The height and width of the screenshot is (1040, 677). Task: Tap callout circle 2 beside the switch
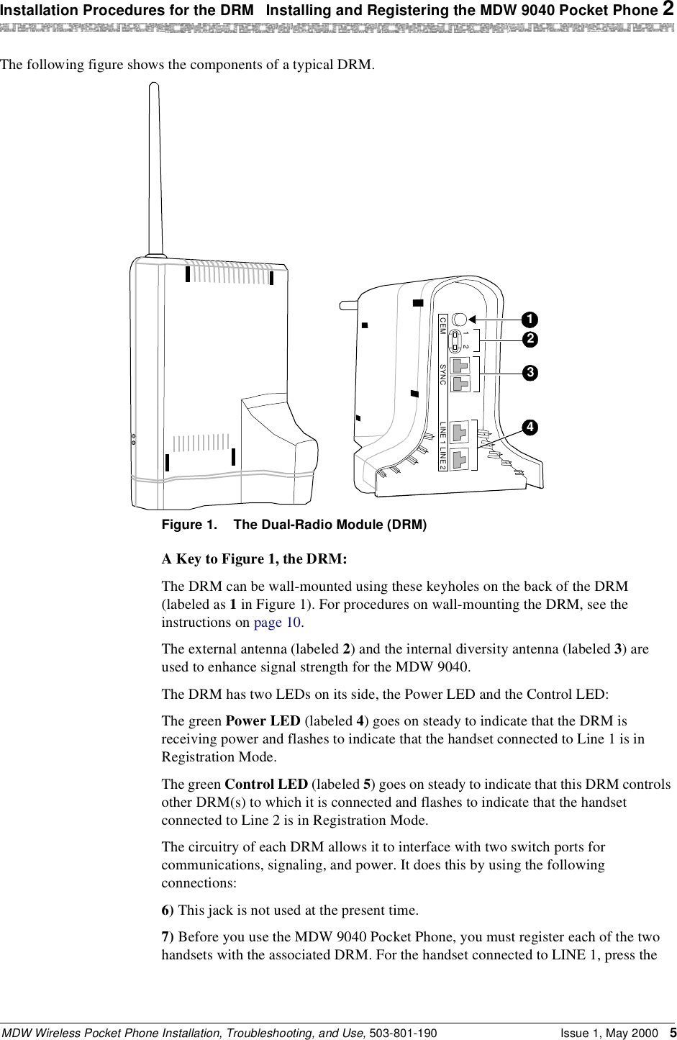(x=530, y=338)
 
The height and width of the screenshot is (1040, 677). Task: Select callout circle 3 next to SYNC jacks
(x=530, y=373)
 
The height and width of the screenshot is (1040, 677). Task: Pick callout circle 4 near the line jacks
(x=530, y=427)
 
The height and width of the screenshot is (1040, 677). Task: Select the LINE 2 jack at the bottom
(x=460, y=457)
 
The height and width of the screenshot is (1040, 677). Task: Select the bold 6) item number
(x=168, y=910)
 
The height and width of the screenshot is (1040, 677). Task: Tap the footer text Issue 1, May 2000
(x=608, y=1033)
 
